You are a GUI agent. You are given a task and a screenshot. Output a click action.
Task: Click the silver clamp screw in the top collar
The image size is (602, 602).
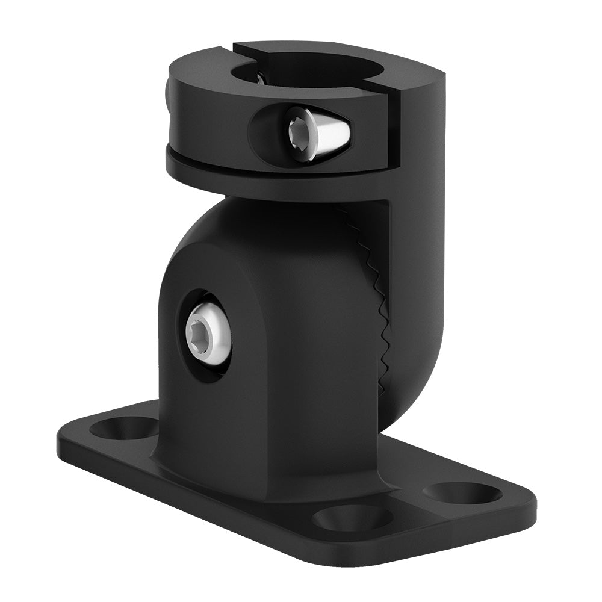pos(313,133)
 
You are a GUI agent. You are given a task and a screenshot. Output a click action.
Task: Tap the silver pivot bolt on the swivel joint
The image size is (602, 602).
pos(208,335)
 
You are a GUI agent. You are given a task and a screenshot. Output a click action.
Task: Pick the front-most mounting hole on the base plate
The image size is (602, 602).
pos(353,517)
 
